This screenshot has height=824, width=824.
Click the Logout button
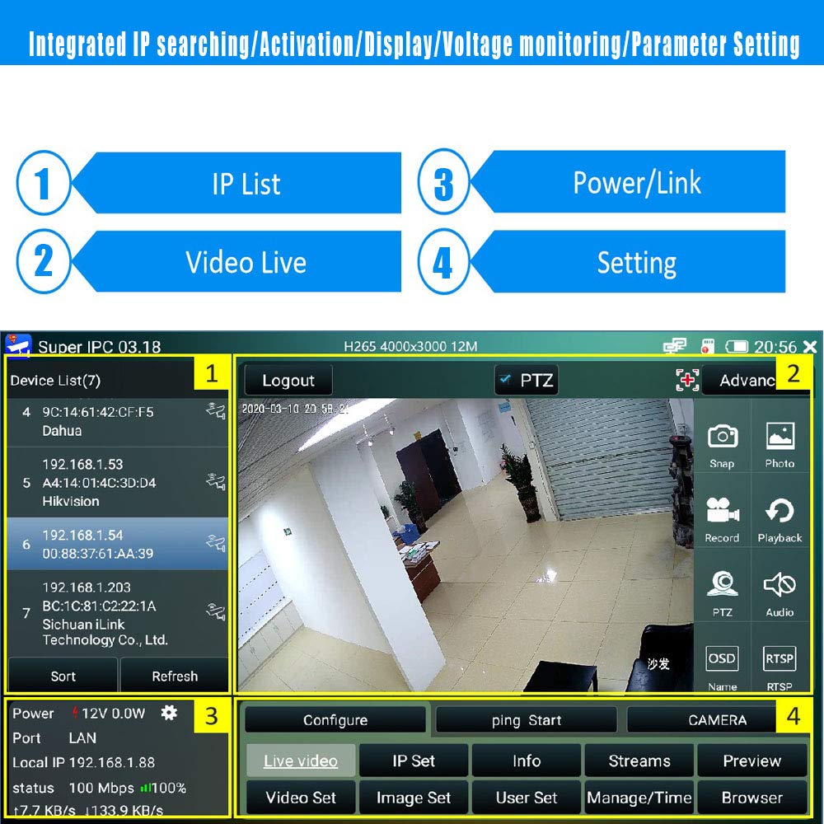(x=288, y=381)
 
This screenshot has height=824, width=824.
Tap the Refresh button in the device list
(x=175, y=677)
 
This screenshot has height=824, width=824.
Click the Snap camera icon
(x=723, y=438)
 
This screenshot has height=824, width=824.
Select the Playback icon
(x=780, y=513)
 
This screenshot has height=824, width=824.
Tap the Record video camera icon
(x=722, y=513)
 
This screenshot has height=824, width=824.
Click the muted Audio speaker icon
(x=780, y=586)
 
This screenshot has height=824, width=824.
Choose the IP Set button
(x=414, y=761)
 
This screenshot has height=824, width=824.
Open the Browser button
(x=751, y=798)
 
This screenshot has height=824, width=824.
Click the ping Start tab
(x=527, y=720)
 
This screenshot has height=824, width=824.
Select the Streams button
(x=639, y=761)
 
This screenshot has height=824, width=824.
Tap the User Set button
(x=527, y=798)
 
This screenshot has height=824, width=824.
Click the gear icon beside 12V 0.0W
(x=169, y=713)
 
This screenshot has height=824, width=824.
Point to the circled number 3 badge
(x=443, y=184)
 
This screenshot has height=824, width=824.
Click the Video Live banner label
(x=246, y=263)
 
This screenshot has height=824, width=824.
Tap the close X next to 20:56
(x=810, y=347)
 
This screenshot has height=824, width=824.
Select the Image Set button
(x=414, y=798)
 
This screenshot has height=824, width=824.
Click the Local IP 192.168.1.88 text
(x=84, y=762)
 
